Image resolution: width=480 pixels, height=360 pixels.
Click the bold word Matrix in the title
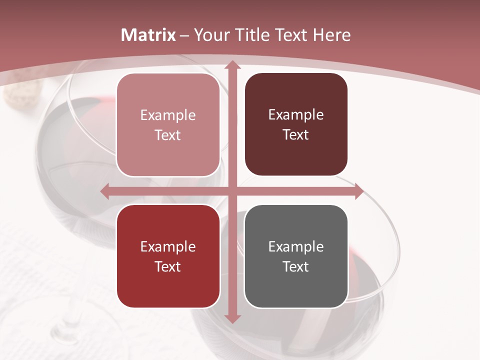[148, 35]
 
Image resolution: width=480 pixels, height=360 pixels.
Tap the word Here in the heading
[331, 35]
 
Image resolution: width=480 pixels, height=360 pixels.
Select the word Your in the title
[210, 35]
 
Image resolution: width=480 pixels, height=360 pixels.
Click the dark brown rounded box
[296, 124]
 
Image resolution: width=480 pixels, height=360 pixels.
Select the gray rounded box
[296, 256]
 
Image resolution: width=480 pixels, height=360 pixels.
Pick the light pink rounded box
[168, 124]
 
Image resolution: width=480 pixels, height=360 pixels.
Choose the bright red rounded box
[168, 256]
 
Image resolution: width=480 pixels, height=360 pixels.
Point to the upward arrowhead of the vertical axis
[232, 65]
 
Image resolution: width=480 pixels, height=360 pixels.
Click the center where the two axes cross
[232, 191]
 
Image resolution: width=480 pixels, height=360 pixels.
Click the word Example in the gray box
[296, 246]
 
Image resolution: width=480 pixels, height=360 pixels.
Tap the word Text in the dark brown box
[296, 135]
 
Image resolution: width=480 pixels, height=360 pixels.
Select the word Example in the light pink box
[168, 115]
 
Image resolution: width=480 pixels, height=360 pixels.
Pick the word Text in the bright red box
[168, 266]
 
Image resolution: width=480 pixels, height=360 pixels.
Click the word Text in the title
[292, 35]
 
